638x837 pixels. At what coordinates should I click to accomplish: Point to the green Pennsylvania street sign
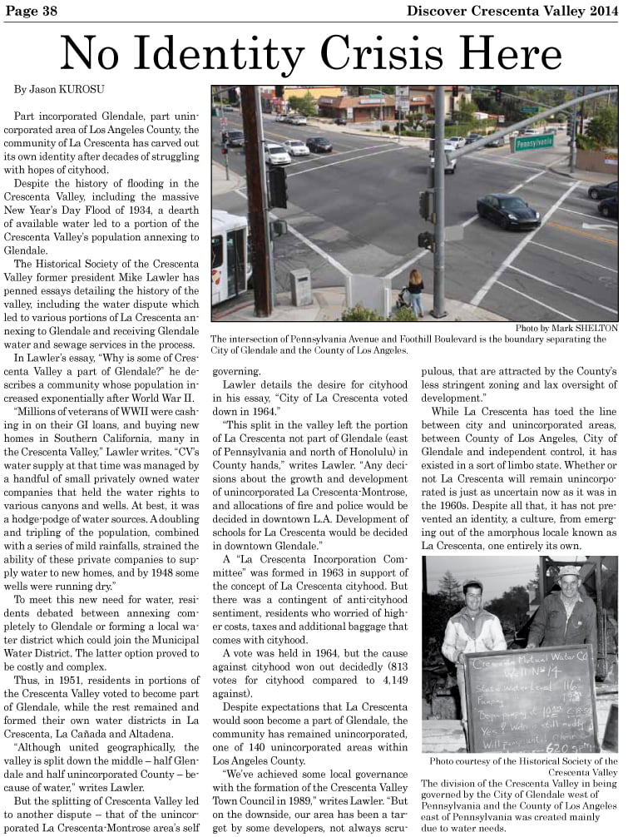pos(532,142)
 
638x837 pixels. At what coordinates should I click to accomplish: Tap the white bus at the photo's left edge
pos(230,258)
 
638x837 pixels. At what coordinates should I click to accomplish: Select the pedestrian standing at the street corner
pos(415,292)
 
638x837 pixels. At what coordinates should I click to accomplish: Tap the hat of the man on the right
pos(569,572)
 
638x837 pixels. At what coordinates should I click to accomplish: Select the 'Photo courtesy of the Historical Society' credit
pos(523,760)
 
